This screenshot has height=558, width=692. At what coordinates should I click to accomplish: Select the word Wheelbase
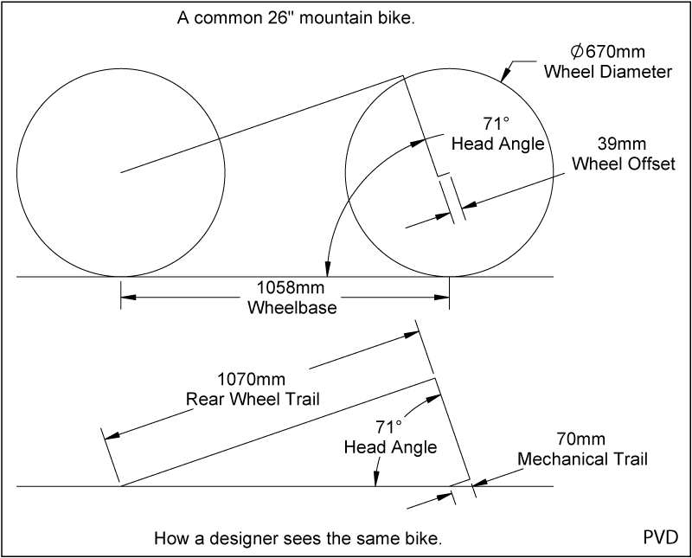285,307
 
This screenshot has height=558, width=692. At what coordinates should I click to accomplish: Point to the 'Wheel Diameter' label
607,72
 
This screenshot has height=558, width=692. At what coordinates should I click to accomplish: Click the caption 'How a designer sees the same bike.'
298,537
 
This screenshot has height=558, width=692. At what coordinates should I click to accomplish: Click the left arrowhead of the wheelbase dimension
126,298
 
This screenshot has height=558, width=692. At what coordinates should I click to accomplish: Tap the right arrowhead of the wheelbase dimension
443,298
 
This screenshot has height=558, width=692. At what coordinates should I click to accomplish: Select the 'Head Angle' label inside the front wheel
497,144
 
